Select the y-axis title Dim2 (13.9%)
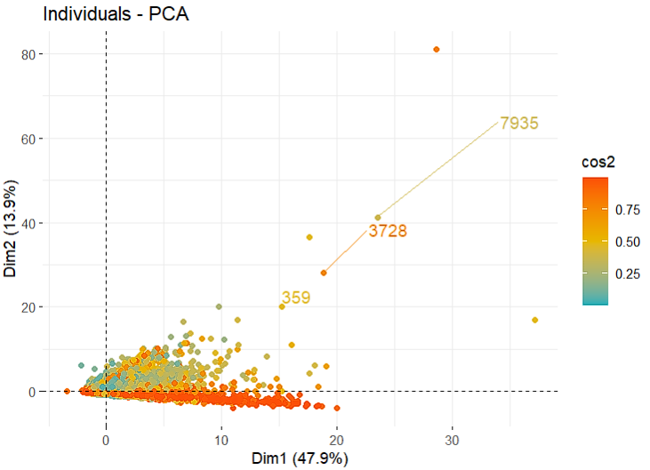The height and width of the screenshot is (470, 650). [12, 223]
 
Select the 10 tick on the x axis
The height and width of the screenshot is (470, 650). [221, 439]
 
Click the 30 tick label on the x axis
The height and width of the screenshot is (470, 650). [452, 439]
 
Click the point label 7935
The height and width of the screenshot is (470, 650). [519, 123]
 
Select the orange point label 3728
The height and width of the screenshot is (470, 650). [388, 231]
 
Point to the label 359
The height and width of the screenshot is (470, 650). [296, 298]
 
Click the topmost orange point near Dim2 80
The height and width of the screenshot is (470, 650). [437, 49]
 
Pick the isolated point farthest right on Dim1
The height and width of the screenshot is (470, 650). [534, 320]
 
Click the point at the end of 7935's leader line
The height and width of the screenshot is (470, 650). [378, 218]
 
